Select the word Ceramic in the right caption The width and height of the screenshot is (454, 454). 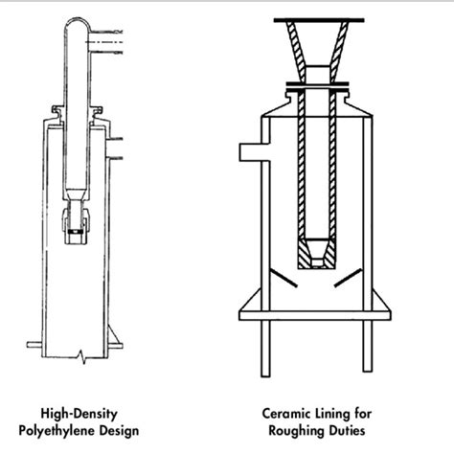point(286,415)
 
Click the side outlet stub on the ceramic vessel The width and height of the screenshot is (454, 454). point(246,149)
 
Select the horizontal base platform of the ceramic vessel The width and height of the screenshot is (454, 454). point(317,311)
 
